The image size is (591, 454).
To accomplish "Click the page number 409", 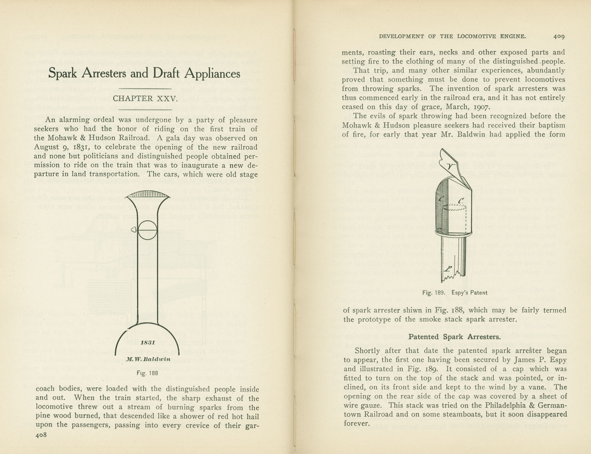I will tap(559, 36).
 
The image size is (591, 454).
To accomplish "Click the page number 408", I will tap(41, 435).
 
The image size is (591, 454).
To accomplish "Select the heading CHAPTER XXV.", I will tap(145, 99).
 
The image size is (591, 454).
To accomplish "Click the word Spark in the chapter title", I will tap(63, 73).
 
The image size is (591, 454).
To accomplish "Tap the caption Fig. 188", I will tap(147, 373).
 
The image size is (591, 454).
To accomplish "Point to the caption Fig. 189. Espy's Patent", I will tap(455, 292).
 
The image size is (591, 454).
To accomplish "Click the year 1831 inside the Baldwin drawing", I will tap(148, 342).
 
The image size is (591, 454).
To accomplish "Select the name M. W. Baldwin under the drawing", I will tap(148, 359).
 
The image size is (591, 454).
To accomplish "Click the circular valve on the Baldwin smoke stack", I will tap(147, 230).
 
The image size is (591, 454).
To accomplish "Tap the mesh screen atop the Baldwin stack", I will tap(148, 194).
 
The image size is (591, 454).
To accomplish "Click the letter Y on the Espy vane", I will tap(451, 166).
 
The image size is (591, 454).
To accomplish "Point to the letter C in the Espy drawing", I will tap(461, 201).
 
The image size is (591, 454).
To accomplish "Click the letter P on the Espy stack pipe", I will tap(448, 269).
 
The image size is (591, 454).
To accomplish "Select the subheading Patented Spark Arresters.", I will tap(455, 337).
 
